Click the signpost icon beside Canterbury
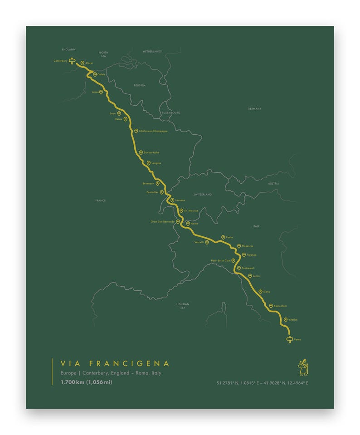coord(72,61)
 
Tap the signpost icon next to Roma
coord(289,339)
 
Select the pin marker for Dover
coord(82,64)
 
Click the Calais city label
coord(101,74)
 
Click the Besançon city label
coord(148,184)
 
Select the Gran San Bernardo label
coord(162,222)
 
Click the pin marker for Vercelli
coord(207,242)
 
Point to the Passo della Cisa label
coord(220,261)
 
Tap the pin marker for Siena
coord(260,292)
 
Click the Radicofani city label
coord(280,306)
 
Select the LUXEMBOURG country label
coord(171,112)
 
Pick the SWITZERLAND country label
coord(202,195)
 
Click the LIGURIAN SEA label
coord(183,306)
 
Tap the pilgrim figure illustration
coord(303,367)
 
